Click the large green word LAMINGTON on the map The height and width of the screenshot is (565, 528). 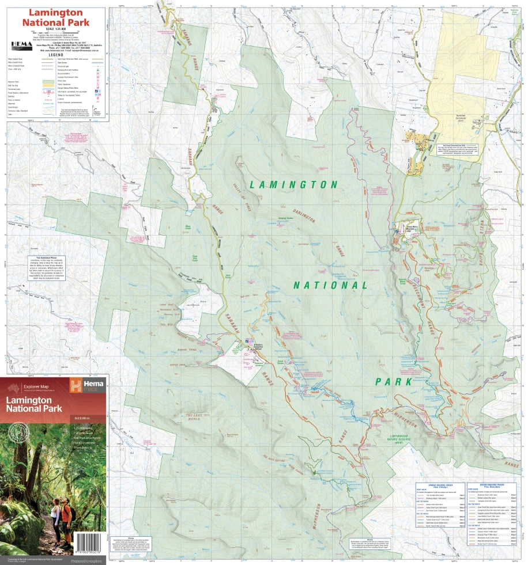[x=294, y=185]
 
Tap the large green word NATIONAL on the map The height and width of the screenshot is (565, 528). [x=330, y=285]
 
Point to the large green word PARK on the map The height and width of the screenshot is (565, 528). [x=394, y=381]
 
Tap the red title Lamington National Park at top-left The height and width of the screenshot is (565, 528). [x=56, y=17]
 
